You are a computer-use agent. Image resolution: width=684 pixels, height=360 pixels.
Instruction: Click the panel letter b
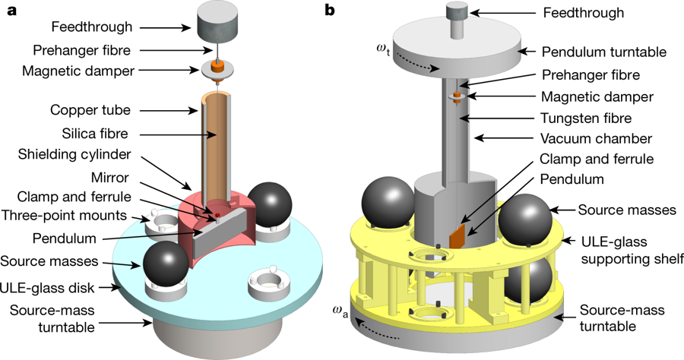coord(329,10)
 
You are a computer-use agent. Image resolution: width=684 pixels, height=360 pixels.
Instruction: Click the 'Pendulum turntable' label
coord(603,52)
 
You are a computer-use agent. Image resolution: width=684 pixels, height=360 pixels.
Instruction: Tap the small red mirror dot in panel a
coord(218,216)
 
